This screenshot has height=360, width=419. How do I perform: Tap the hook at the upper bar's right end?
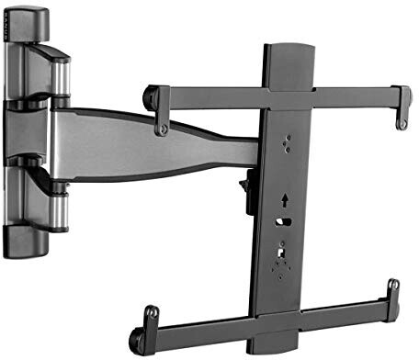click(x=402, y=107)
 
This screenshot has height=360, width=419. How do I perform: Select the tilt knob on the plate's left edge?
click(x=246, y=192)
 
